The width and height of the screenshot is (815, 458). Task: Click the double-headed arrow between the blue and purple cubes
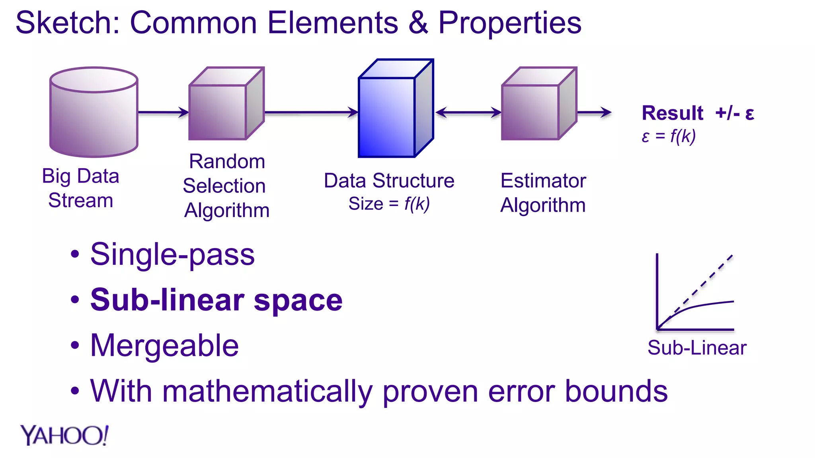[468, 113]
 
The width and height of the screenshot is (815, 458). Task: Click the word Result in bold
[673, 113]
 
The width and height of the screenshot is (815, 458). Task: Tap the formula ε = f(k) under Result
[669, 136]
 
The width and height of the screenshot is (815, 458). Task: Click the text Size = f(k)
[389, 204]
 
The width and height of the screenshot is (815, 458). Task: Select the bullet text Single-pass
[172, 254]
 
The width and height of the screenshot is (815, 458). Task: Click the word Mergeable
[164, 345]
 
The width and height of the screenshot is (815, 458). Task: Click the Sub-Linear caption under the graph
[696, 348]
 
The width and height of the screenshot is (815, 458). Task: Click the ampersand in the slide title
[418, 23]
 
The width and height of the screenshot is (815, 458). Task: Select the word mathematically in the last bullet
[267, 392]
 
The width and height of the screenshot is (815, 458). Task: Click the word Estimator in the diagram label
[543, 181]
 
